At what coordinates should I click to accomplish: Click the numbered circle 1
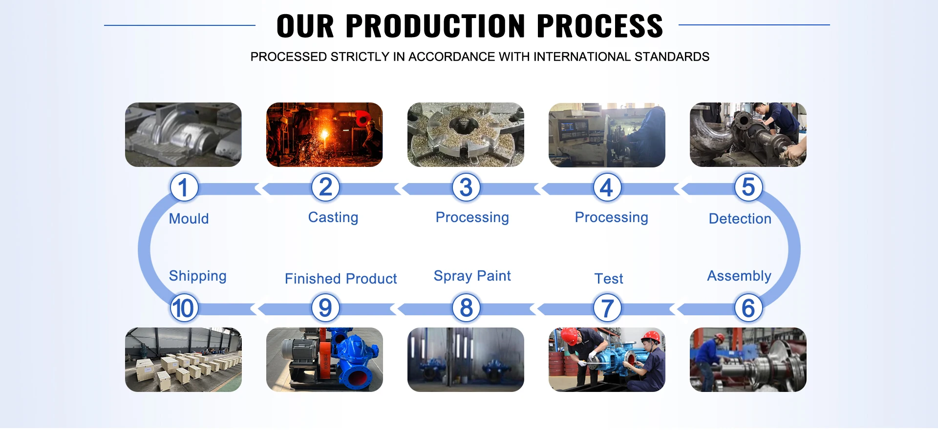(x=184, y=187)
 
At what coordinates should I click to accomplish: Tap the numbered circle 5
(x=748, y=187)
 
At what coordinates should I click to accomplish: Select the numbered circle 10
(x=184, y=308)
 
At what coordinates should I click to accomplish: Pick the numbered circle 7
(x=607, y=308)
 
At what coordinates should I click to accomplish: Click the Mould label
(x=189, y=219)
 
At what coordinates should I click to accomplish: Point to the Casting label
(x=333, y=218)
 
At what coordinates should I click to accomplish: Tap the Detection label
(x=740, y=219)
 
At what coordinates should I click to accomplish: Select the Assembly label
(x=739, y=276)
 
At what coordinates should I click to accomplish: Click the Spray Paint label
(x=472, y=276)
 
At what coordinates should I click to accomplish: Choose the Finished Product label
(x=341, y=279)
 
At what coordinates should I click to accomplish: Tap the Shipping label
(x=198, y=276)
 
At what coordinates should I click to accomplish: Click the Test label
(x=609, y=279)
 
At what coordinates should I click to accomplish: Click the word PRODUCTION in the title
(x=435, y=26)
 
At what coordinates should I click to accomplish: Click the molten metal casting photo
(x=324, y=135)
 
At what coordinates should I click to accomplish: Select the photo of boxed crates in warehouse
(x=183, y=360)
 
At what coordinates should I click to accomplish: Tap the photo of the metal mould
(x=183, y=135)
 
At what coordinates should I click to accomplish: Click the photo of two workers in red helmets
(x=607, y=360)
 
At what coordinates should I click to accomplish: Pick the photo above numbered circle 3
(x=466, y=135)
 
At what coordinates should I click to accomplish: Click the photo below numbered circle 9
(x=324, y=360)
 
